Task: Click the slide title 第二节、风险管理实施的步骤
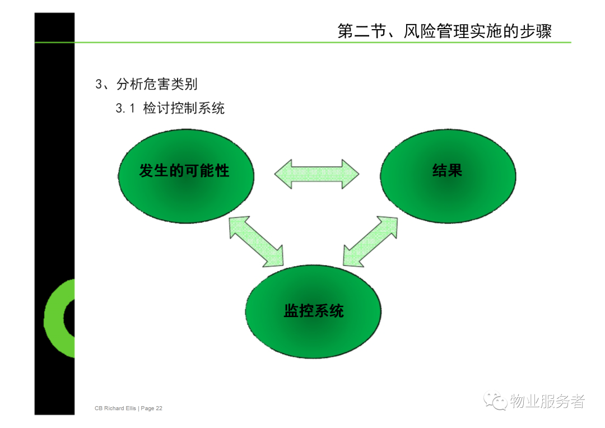444,31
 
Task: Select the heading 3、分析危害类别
146,83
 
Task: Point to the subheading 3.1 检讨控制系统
170,108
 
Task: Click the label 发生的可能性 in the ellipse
184,170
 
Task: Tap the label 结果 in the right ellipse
447,170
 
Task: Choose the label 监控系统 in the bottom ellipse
314,311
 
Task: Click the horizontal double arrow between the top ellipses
317,174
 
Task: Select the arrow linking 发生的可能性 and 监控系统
256,241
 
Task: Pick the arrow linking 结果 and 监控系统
370,241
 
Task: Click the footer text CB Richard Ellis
115,408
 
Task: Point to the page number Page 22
152,408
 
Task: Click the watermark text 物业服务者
547,401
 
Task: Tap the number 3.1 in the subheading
125,109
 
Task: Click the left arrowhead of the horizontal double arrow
283,174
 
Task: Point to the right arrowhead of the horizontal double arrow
350,174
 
